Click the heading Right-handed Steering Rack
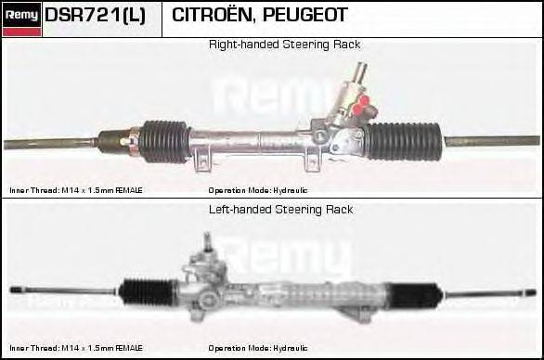click(x=284, y=45)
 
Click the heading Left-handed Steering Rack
click(x=281, y=210)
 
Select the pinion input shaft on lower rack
click(x=207, y=244)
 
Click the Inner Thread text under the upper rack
click(x=76, y=189)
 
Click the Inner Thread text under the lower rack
click(x=76, y=349)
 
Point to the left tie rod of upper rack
click(x=51, y=143)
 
